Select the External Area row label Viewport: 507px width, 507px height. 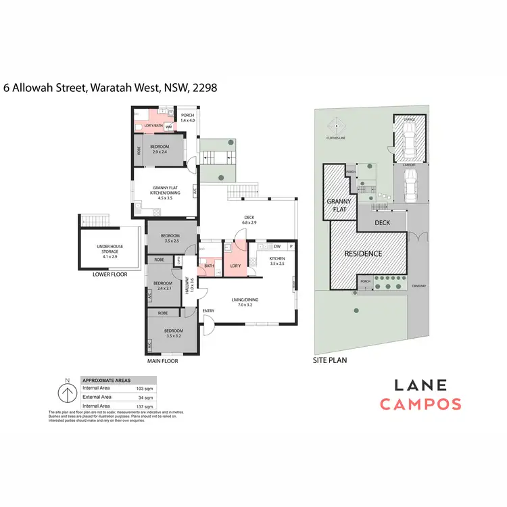[x=96, y=397]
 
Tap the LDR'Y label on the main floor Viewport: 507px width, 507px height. [x=236, y=265]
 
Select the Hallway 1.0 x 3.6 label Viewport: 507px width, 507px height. [x=191, y=283]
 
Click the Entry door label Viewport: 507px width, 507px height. [x=208, y=311]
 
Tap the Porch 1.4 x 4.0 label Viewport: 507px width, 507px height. [x=187, y=118]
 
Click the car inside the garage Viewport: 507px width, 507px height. [x=410, y=140]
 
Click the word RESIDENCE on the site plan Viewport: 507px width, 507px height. [x=363, y=254]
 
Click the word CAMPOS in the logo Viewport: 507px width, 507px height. [x=420, y=405]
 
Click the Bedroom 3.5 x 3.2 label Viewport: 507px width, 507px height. [x=172, y=332]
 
